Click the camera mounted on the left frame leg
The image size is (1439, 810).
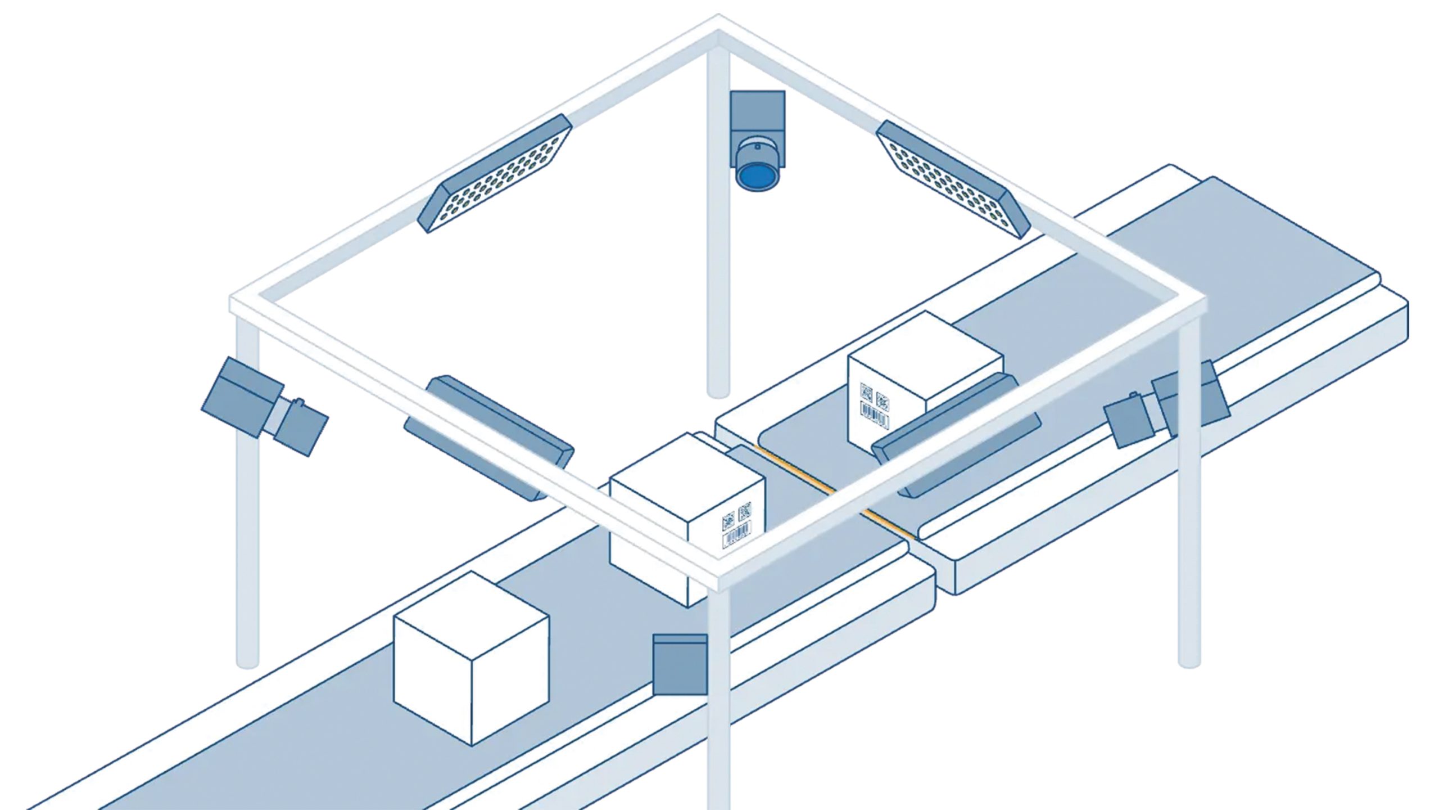[264, 405]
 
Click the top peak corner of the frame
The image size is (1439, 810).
[718, 25]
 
